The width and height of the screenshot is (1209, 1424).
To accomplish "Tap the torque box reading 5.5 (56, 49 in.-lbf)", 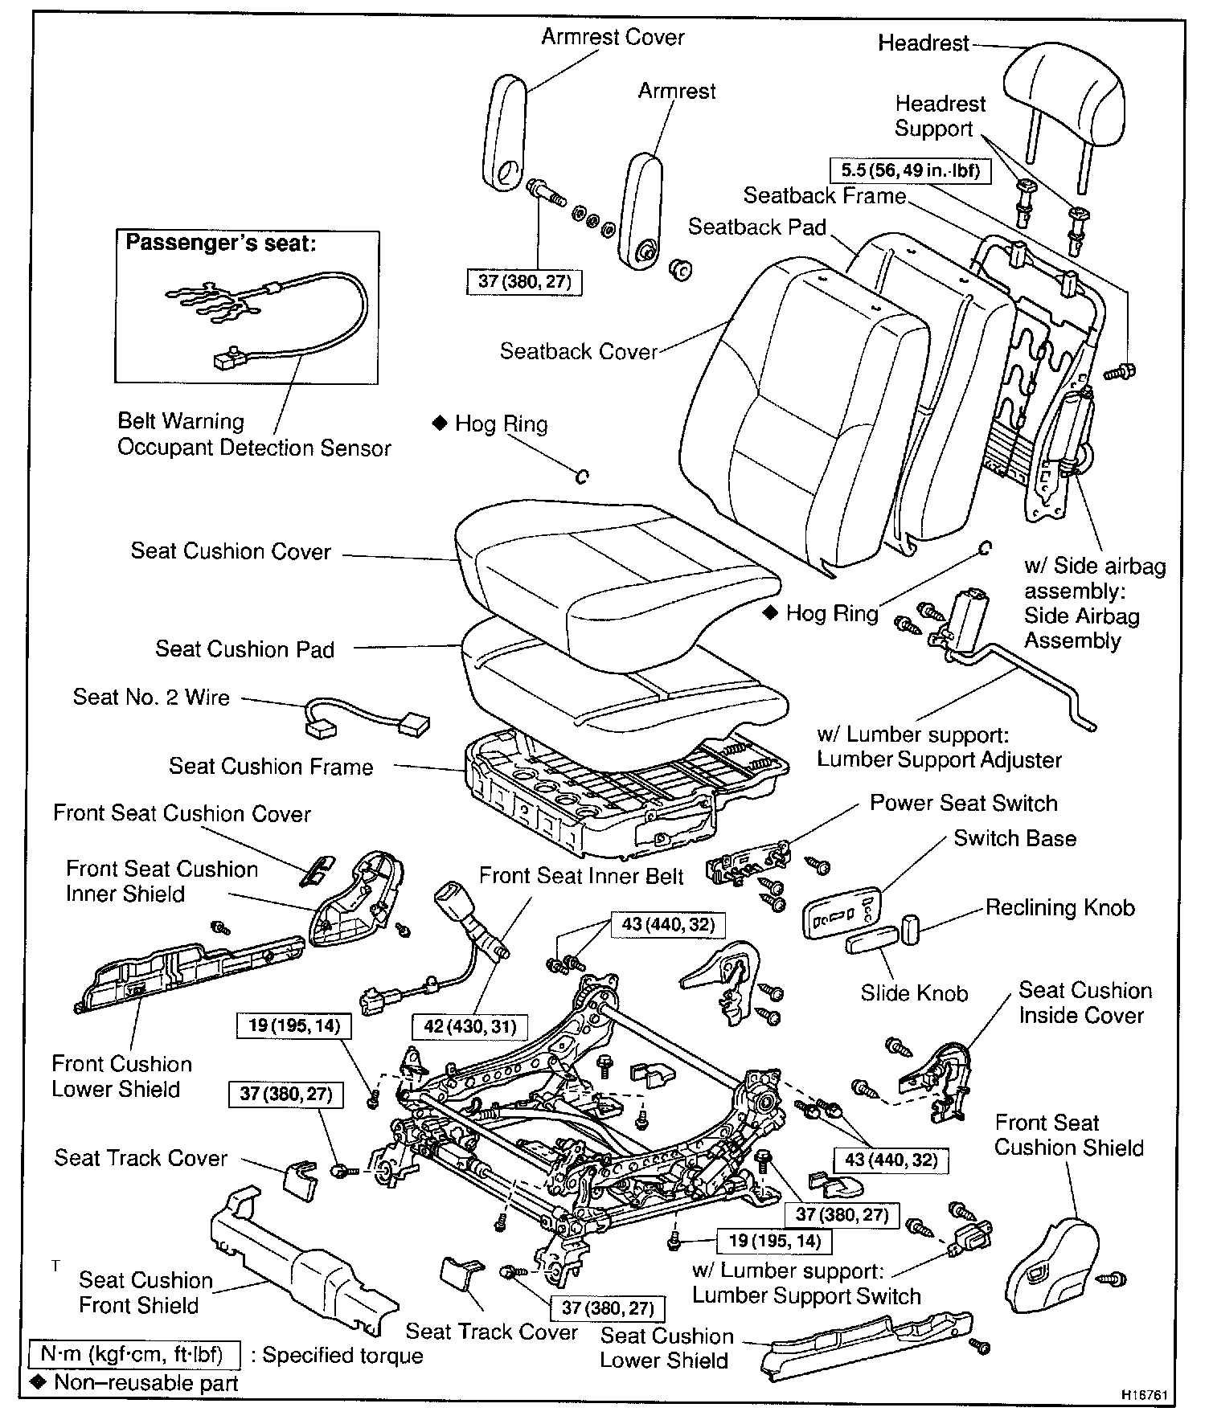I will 909,170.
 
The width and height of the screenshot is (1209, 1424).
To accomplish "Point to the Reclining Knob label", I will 1059,908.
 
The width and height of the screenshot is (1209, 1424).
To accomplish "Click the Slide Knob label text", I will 914,993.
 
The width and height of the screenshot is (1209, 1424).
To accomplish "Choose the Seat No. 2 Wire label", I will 151,697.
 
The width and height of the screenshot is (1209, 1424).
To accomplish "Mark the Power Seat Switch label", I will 963,803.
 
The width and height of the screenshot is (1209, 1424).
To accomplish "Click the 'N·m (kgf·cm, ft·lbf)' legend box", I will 133,1355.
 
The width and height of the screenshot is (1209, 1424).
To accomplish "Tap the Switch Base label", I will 1014,838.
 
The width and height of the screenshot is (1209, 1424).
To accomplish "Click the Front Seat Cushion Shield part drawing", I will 1051,1269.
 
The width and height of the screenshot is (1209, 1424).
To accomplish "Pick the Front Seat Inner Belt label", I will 581,876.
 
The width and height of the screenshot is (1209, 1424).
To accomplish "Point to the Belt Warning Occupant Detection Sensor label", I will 253,435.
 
